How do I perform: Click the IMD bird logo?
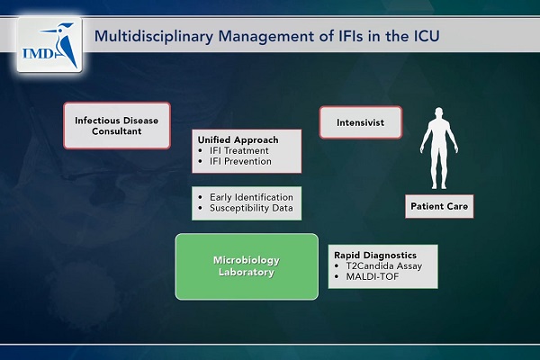[49, 44]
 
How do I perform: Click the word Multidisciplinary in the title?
[154, 37]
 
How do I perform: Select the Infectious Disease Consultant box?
[117, 125]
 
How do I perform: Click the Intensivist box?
[361, 122]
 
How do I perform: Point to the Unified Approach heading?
[238, 139]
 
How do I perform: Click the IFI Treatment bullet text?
[239, 150]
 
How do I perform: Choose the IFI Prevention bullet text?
[240, 161]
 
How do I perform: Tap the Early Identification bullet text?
[251, 197]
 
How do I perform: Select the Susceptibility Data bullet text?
[251, 208]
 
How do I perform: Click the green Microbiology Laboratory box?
[247, 266]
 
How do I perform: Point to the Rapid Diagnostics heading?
[375, 256]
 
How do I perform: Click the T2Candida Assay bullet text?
[384, 266]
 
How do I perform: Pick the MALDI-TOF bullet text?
[373, 276]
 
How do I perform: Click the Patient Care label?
[439, 206]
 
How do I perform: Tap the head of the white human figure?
[439, 113]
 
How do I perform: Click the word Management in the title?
[266, 37]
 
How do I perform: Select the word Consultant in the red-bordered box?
[117, 131]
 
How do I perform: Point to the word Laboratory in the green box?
[247, 272]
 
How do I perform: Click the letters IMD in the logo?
[38, 53]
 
